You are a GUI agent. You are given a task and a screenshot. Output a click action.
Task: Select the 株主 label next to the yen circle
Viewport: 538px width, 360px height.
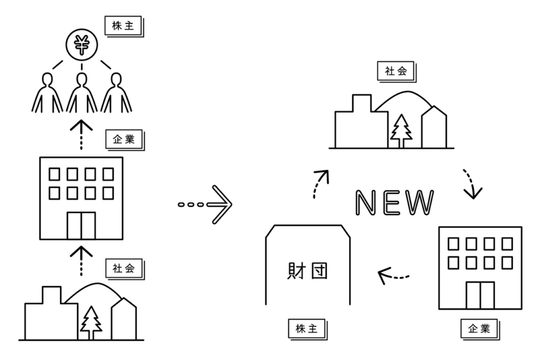(x=122, y=26)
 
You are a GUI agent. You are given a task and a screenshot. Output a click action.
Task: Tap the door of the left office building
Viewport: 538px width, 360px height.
(x=81, y=225)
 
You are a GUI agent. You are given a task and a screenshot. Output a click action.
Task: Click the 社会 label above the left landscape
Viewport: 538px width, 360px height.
(x=122, y=267)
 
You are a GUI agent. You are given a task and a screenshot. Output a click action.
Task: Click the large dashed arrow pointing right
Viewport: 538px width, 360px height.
(x=205, y=204)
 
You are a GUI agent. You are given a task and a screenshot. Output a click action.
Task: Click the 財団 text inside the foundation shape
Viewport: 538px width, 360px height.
(x=307, y=270)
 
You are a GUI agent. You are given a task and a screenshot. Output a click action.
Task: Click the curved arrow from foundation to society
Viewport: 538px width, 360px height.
(x=321, y=183)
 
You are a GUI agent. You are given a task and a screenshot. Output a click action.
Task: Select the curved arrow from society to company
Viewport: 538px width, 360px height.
(x=470, y=183)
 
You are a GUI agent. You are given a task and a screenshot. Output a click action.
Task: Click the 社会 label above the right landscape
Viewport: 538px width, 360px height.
(x=395, y=71)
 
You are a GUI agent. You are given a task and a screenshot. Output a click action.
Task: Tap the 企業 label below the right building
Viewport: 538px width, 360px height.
(x=479, y=329)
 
